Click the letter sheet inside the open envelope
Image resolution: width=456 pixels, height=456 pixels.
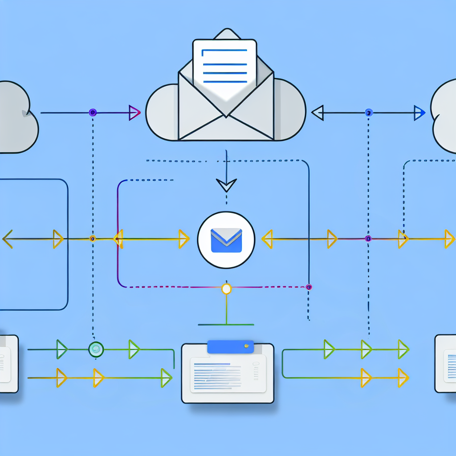(x=225, y=67)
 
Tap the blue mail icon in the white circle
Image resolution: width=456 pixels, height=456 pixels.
(x=226, y=240)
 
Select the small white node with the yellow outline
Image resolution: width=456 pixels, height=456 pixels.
(x=226, y=289)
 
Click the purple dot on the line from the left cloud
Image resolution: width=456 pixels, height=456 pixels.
(x=93, y=112)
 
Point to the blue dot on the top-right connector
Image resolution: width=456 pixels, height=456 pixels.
(x=368, y=113)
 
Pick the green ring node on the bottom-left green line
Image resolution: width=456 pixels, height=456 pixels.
(x=96, y=349)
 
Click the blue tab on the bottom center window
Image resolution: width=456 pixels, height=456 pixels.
(x=230, y=347)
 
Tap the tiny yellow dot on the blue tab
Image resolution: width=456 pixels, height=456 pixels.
(x=245, y=346)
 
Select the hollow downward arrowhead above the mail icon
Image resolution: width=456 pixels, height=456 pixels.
(x=226, y=184)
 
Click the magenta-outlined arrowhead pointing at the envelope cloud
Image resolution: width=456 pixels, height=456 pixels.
(x=134, y=113)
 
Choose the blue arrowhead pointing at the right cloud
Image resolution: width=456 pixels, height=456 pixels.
(x=419, y=113)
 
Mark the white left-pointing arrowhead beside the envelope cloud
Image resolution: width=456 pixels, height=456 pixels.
(x=318, y=113)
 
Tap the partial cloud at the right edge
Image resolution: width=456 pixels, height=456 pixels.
(x=444, y=117)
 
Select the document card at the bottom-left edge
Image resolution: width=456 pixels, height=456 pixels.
(x=8, y=363)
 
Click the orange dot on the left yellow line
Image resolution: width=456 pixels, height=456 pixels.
(x=93, y=239)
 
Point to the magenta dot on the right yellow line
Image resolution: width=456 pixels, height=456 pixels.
(x=368, y=239)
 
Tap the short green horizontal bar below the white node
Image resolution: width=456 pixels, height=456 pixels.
(x=226, y=324)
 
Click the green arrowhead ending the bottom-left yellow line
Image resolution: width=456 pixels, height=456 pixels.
(x=166, y=378)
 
